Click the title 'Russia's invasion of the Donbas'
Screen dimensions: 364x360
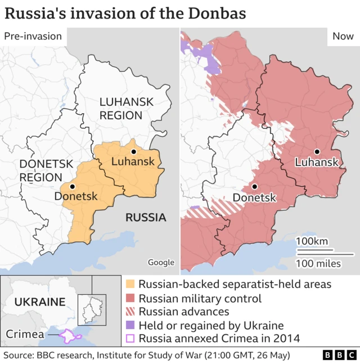125,13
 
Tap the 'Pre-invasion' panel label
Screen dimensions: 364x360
33,36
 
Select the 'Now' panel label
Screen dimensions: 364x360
343,36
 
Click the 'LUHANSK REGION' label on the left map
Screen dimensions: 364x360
120,109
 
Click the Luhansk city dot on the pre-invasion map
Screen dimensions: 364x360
134,152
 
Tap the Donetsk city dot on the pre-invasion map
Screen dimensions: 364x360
72,186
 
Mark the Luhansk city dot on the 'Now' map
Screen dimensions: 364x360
317,152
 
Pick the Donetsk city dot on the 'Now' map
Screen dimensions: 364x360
255,187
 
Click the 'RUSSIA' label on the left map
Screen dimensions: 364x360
145,217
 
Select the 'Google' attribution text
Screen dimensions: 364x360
161,262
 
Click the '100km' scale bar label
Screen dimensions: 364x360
312,241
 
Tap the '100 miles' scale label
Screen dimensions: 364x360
318,263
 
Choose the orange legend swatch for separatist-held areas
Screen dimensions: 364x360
130,285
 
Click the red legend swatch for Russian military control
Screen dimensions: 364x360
130,298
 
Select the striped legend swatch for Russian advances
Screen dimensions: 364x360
130,312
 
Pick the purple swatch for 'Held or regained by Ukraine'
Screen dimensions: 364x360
130,325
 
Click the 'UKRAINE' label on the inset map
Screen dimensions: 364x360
39,302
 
